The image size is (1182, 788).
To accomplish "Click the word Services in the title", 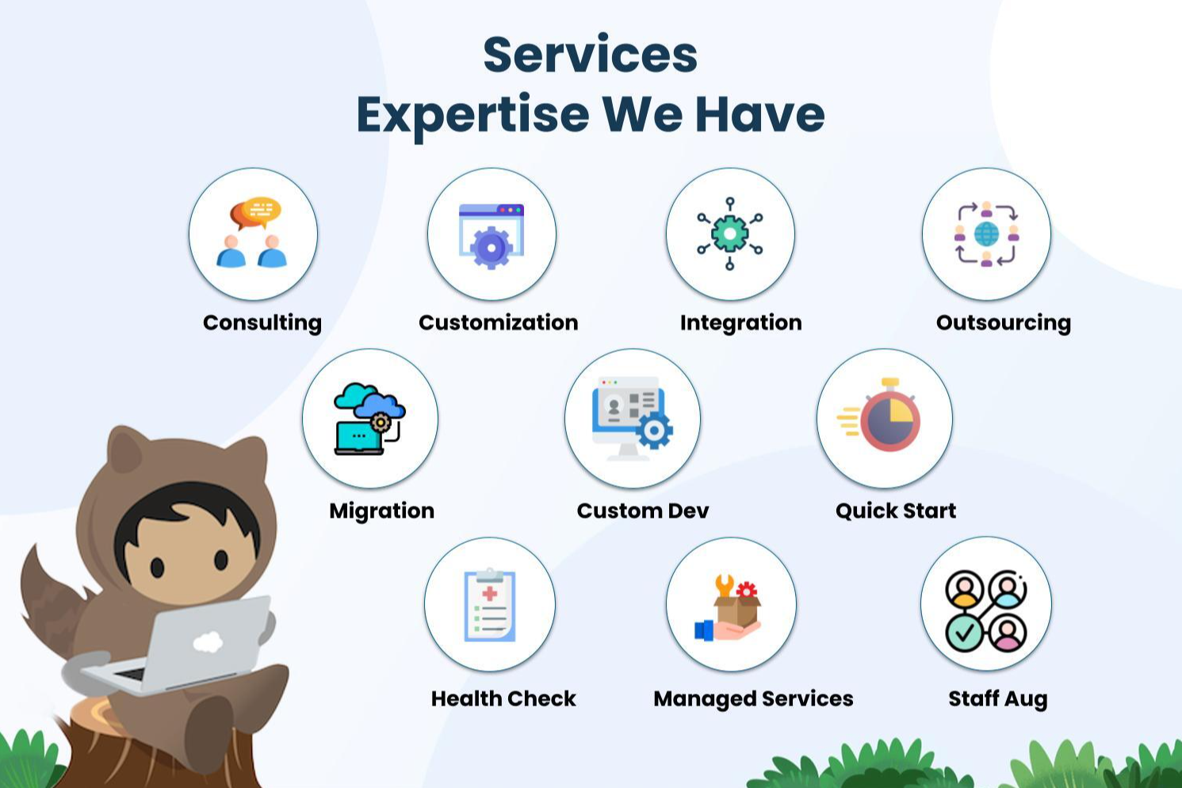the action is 590,55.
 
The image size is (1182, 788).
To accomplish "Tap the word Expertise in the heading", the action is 472,116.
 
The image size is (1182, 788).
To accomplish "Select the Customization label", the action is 498,323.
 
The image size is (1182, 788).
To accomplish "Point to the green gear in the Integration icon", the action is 730,233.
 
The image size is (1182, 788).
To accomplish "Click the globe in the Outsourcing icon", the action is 986,235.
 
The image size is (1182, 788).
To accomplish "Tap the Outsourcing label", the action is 1003,323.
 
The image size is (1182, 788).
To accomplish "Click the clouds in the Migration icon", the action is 369,400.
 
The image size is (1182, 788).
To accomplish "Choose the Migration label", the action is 381,511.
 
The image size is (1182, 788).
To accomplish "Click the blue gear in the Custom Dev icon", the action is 654,430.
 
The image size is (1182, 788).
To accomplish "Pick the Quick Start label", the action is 896,511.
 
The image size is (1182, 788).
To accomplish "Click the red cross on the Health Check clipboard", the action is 489,593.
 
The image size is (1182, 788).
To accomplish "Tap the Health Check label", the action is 503,698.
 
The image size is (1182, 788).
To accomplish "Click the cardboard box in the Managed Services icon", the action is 737,610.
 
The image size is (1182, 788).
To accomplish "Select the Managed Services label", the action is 753,699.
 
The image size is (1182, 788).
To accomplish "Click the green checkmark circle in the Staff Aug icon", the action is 964,633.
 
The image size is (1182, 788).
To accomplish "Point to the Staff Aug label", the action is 998,699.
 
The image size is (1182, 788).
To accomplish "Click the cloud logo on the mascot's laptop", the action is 208,642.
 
